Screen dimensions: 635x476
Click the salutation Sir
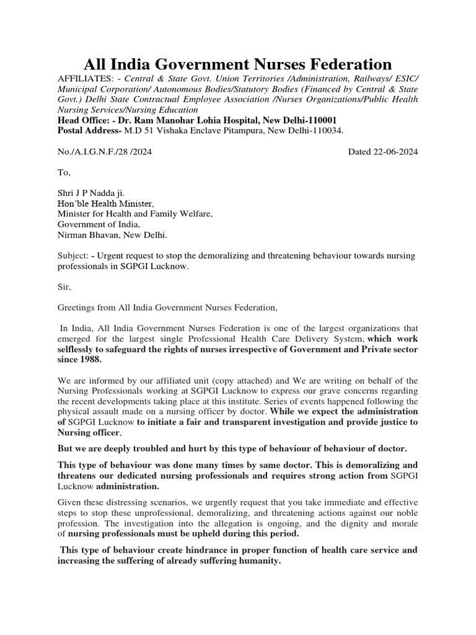tap(64, 287)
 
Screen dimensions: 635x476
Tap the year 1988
tap(91, 360)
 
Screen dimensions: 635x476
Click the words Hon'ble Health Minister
tap(105, 203)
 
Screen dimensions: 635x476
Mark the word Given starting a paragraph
tap(70, 502)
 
